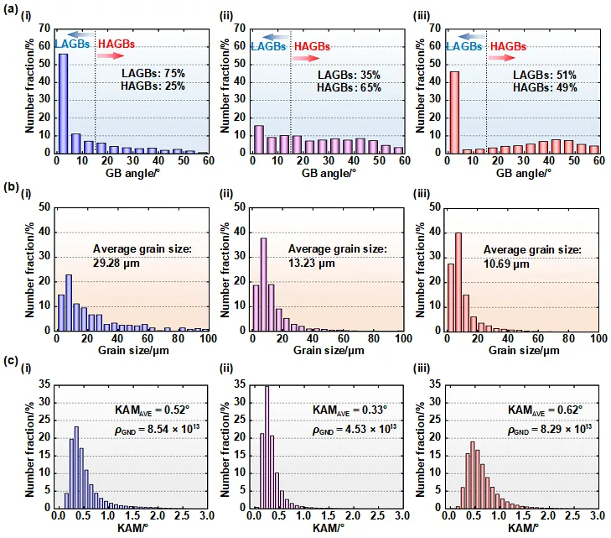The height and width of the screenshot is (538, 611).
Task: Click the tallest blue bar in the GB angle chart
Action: pyautogui.click(x=63, y=103)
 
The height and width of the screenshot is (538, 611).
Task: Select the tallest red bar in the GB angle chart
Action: pyautogui.click(x=454, y=112)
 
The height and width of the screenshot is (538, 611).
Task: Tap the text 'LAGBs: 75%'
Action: pyautogui.click(x=153, y=73)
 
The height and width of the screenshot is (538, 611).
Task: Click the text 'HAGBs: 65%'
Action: pyautogui.click(x=349, y=87)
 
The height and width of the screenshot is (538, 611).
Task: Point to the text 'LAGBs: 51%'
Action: pyautogui.click(x=544, y=75)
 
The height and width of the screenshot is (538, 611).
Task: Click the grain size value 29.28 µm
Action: pyautogui.click(x=117, y=263)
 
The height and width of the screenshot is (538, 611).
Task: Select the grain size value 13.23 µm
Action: pyautogui.click(x=312, y=263)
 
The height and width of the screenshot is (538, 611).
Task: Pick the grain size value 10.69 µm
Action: pyautogui.click(x=506, y=264)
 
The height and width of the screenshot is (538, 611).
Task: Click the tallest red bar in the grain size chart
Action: pyautogui.click(x=458, y=282)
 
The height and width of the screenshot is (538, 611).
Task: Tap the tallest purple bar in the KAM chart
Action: pyautogui.click(x=267, y=447)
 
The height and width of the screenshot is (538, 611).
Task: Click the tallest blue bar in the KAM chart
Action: pyautogui.click(x=76, y=467)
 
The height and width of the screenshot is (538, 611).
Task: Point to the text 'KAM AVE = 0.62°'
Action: pyautogui.click(x=545, y=410)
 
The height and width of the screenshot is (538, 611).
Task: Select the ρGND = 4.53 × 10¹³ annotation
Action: pyautogui.click(x=355, y=429)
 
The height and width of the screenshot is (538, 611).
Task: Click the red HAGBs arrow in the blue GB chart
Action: pyautogui.click(x=111, y=55)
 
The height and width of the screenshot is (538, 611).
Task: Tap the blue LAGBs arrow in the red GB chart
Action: pyautogui.click(x=472, y=37)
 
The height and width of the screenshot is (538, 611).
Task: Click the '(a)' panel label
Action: pyautogui.click(x=11, y=9)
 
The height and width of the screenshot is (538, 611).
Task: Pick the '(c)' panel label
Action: pyautogui.click(x=11, y=361)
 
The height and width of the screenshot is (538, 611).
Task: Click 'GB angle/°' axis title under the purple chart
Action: pyautogui.click(x=329, y=173)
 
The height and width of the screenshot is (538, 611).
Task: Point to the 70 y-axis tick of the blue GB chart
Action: pyautogui.click(x=44, y=29)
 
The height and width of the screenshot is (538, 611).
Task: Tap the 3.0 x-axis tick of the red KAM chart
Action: pyautogui.click(x=598, y=516)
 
